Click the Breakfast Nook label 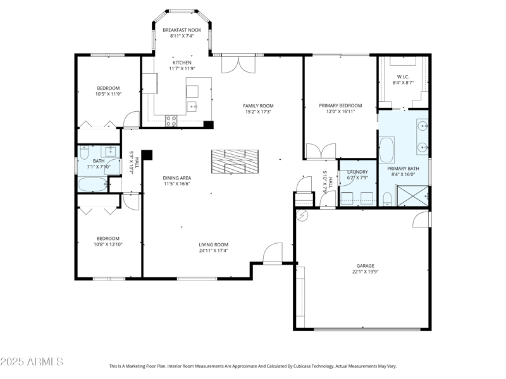coord(182,30)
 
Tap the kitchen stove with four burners coord(171,119)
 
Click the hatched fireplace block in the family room coord(236,161)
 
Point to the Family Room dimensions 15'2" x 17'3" coord(258,112)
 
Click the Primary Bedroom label coord(340,105)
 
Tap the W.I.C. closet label coord(403,77)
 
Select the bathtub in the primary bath coord(386,150)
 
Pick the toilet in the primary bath coord(387,200)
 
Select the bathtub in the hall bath coord(93,184)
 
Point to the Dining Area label coord(177,177)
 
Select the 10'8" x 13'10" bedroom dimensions coord(108,244)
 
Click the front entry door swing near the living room coord(273,254)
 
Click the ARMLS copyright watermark coord(32,362)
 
